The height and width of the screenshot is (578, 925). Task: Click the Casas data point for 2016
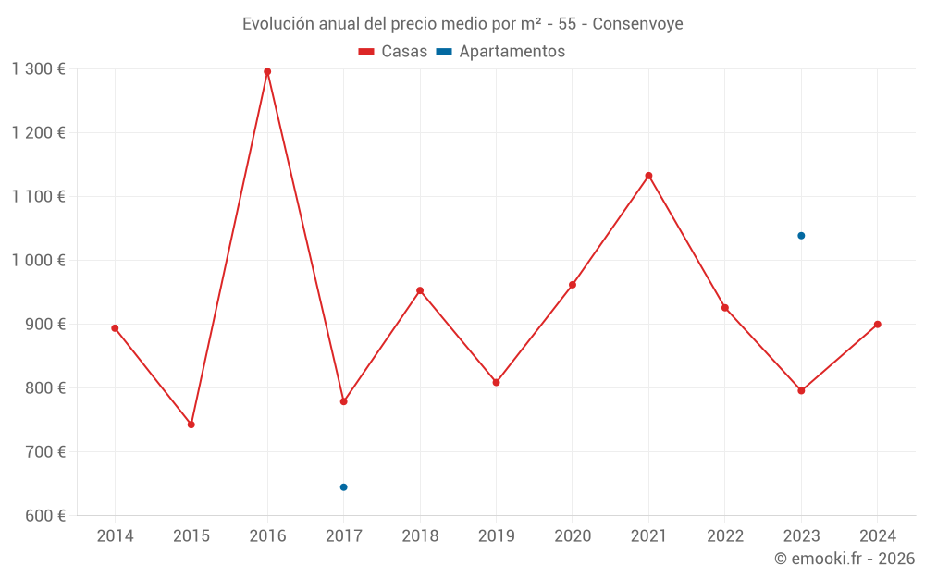click(267, 71)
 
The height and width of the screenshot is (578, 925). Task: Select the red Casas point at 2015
click(191, 424)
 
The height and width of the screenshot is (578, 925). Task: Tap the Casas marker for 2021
click(648, 176)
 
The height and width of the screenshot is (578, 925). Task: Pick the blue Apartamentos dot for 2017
click(344, 487)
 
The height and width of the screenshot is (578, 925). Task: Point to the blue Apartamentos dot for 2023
click(801, 236)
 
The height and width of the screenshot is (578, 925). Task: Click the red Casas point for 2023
click(801, 390)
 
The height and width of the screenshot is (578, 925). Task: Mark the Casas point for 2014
click(115, 328)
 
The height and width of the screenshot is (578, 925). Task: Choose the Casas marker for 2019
click(496, 382)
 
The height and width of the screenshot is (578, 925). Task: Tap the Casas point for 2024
click(878, 325)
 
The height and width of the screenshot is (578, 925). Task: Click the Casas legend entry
click(393, 52)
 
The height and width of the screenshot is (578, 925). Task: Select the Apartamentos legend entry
click(500, 52)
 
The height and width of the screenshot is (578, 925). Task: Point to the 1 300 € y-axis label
click(39, 69)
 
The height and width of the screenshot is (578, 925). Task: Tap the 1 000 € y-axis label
click(39, 261)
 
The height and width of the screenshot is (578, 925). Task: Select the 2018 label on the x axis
click(420, 536)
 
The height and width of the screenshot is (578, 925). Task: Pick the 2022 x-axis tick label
click(725, 536)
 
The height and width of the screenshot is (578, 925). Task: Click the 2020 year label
click(573, 536)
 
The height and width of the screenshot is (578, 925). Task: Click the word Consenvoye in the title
click(637, 24)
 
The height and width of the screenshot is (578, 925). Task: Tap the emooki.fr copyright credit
click(845, 559)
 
